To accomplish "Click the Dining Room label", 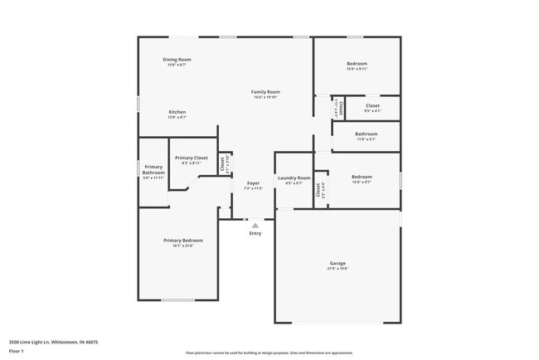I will [177, 60].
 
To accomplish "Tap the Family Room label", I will [265, 92].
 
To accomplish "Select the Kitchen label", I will [177, 112].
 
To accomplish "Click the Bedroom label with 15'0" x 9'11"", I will [357, 64].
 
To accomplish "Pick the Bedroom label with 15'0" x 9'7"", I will [361, 176].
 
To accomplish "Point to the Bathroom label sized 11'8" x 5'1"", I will [366, 134].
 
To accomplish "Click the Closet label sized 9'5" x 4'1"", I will [372, 105].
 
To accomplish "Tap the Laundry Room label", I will [294, 178].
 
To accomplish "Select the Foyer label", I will [253, 182].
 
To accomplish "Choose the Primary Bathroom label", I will [153, 169].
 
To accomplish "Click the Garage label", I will [337, 263].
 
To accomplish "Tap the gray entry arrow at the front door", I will [255, 224].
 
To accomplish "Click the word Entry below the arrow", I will [255, 233].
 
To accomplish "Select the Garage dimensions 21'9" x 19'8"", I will [337, 269].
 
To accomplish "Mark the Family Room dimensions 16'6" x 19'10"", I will [265, 98].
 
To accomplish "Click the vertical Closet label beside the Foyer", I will [222, 163].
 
